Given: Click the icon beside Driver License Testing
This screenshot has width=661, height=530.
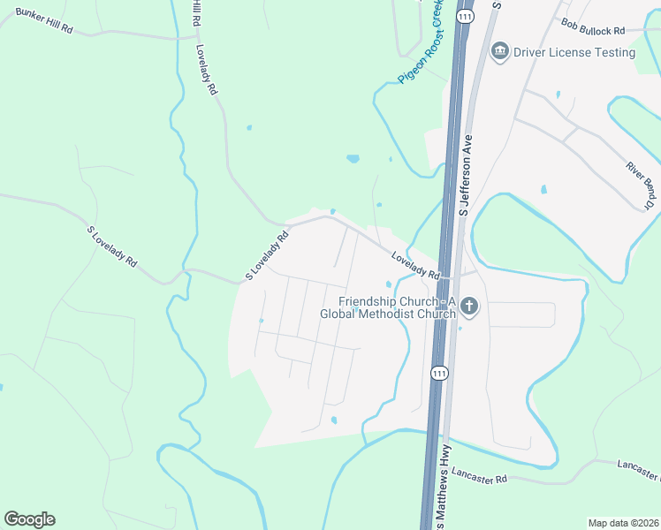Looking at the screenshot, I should point(500,51).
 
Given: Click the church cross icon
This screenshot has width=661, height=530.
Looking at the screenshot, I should point(468,307).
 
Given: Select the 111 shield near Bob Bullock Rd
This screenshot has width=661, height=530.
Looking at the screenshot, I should point(465,16).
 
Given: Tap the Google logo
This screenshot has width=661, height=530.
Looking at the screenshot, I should point(29,519).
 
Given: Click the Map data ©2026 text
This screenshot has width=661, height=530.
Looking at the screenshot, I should point(622,523).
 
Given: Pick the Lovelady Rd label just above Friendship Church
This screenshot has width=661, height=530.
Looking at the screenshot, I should point(415,266).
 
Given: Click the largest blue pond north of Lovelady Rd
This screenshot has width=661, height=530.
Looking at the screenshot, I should point(353,160).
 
